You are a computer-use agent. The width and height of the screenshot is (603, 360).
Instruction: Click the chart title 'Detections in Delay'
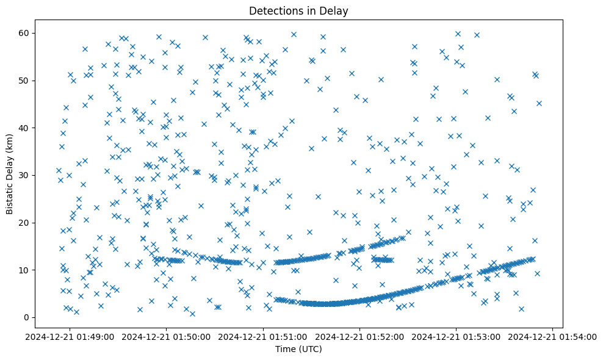(298, 10)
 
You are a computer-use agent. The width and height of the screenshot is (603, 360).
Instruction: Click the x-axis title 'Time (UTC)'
(298, 349)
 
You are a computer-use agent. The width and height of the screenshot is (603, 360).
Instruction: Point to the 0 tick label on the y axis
(36, 317)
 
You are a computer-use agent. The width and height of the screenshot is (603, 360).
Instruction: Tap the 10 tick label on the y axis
(34, 270)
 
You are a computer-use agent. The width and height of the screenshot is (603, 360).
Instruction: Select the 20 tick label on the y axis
(34, 223)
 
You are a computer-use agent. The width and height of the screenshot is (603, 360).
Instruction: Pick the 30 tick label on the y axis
(34, 175)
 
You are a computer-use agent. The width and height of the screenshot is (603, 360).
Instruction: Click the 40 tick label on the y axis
(34, 128)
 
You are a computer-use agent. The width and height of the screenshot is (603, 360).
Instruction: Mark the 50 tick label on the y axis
(34, 81)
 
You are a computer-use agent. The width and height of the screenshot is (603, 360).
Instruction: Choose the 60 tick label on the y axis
(34, 33)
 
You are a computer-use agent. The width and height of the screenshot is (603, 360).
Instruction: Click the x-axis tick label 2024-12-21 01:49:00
(70, 336)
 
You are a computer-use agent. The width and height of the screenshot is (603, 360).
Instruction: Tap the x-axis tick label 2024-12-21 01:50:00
(167, 336)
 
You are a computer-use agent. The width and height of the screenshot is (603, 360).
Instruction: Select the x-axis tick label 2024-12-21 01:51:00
(263, 336)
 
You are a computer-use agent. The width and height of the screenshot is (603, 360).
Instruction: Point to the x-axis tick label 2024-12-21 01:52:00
(359, 336)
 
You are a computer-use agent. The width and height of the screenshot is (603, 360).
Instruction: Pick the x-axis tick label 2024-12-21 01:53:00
(456, 336)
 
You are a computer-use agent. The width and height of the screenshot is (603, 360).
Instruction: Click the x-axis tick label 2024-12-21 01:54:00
(552, 336)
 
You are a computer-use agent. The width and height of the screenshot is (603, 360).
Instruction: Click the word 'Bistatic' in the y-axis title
(10, 198)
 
